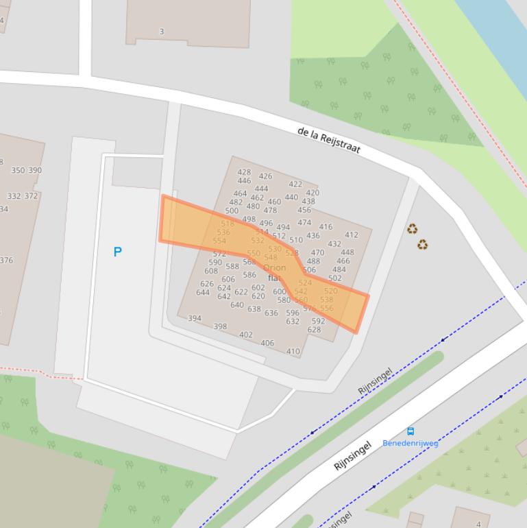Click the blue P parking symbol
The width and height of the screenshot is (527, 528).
click(x=117, y=252)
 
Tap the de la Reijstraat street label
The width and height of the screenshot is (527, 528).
click(x=329, y=140)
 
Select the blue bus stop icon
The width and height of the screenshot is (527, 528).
click(x=410, y=431)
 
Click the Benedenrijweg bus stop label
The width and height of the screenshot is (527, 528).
click(x=410, y=443)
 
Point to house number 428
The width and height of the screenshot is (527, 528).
click(x=244, y=173)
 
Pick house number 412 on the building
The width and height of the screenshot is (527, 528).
click(x=351, y=235)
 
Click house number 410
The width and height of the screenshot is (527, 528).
click(x=293, y=351)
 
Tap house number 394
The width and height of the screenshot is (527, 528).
click(x=195, y=318)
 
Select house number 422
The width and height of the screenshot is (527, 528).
click(x=295, y=184)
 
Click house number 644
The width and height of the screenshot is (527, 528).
click(x=203, y=292)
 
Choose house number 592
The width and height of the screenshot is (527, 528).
click(x=318, y=321)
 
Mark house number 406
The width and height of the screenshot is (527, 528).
click(x=267, y=343)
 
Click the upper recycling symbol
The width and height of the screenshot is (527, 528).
click(x=412, y=229)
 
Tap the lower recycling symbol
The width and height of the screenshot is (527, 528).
click(x=422, y=244)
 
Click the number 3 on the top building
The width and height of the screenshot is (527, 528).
click(x=162, y=31)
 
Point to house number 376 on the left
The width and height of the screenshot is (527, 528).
click(x=6, y=260)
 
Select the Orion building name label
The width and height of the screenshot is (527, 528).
click(x=274, y=267)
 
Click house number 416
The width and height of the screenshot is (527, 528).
click(x=326, y=226)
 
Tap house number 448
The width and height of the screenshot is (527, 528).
click(x=347, y=252)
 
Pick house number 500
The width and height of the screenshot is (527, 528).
click(x=232, y=211)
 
